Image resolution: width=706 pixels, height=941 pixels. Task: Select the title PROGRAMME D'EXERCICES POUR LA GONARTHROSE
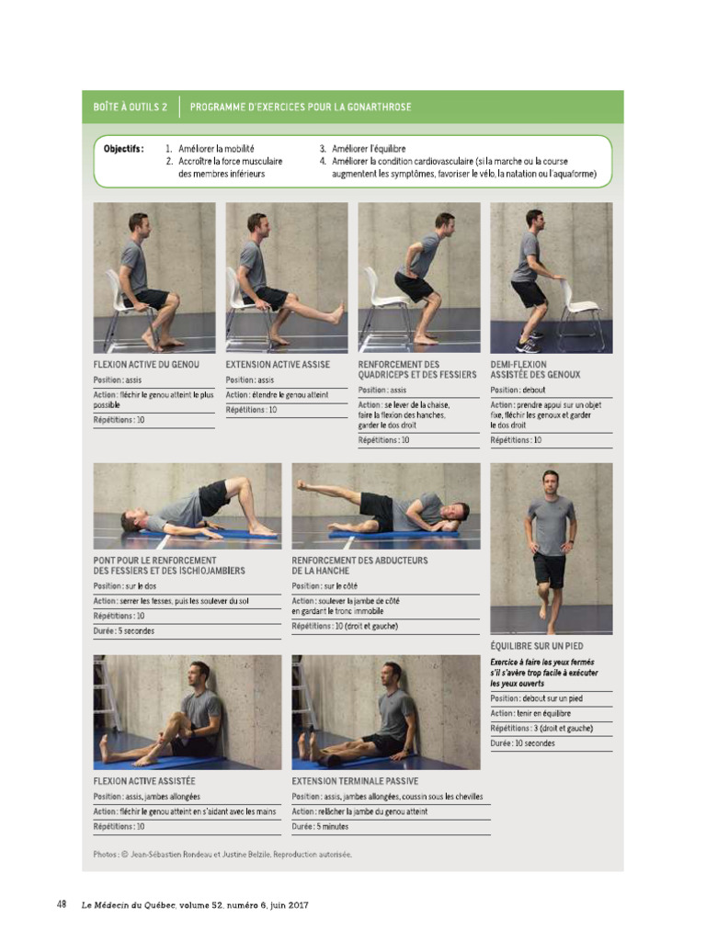click(x=301, y=107)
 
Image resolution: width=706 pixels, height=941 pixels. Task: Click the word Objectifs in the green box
click(x=123, y=149)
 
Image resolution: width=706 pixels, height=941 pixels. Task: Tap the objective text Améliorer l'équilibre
click(x=369, y=149)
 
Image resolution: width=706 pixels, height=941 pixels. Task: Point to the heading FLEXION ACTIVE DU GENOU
click(x=146, y=365)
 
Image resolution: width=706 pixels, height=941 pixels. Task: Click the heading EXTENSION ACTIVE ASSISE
click(x=278, y=365)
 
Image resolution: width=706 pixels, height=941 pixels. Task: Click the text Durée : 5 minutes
click(x=321, y=826)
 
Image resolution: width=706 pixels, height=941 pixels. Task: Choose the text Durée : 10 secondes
click(x=522, y=743)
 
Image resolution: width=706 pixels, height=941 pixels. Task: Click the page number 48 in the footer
click(x=62, y=904)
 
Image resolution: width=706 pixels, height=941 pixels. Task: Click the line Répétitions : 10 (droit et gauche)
click(x=346, y=626)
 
